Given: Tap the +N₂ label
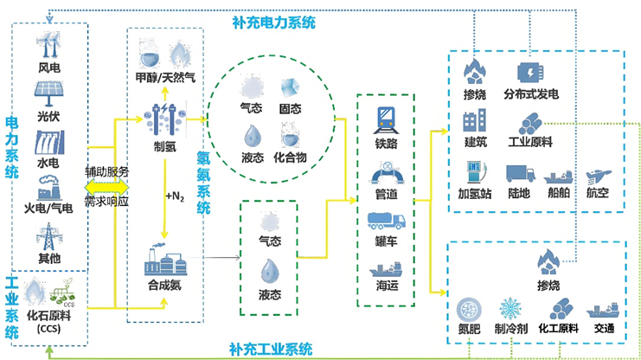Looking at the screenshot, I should [x=174, y=196].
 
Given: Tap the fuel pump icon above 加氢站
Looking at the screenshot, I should [x=474, y=172].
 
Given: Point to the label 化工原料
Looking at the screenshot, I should [x=559, y=329].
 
